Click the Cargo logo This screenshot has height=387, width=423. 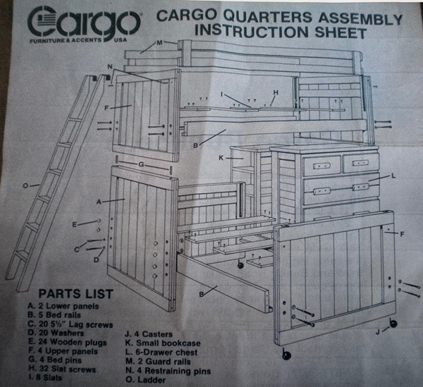tap(84, 23)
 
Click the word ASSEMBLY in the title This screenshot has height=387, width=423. tap(360, 18)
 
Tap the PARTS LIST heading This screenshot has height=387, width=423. tap(75, 294)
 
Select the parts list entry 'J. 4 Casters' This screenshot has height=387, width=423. tap(149, 334)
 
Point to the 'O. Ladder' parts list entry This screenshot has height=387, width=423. tap(146, 380)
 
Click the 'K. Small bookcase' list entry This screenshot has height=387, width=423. tap(163, 343)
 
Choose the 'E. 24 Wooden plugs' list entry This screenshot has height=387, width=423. tap(68, 343)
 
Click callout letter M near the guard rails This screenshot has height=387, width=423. tap(160, 43)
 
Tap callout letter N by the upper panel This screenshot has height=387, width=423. tap(110, 66)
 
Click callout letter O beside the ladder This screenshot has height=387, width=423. tap(25, 185)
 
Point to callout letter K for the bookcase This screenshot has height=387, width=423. tap(221, 158)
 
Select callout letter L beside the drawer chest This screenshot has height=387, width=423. tap(393, 176)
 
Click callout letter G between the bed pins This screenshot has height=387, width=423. tap(141, 164)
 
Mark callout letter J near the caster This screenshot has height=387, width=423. tap(378, 332)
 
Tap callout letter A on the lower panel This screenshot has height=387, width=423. tap(99, 202)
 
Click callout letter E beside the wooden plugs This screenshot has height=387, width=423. tap(75, 224)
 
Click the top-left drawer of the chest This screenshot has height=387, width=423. tap(321, 165)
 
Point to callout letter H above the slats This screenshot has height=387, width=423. tap(276, 92)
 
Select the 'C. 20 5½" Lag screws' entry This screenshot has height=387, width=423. tap(70, 324)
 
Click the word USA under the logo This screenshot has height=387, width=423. tap(120, 40)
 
